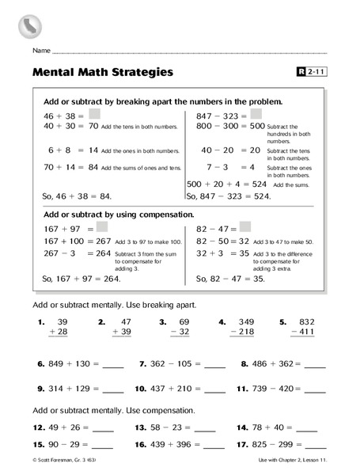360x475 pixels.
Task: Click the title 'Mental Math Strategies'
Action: pos(103,73)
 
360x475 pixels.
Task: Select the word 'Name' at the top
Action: pos(42,51)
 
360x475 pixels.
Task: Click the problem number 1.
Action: pos(39,322)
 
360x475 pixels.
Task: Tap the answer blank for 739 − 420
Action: pos(315,389)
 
